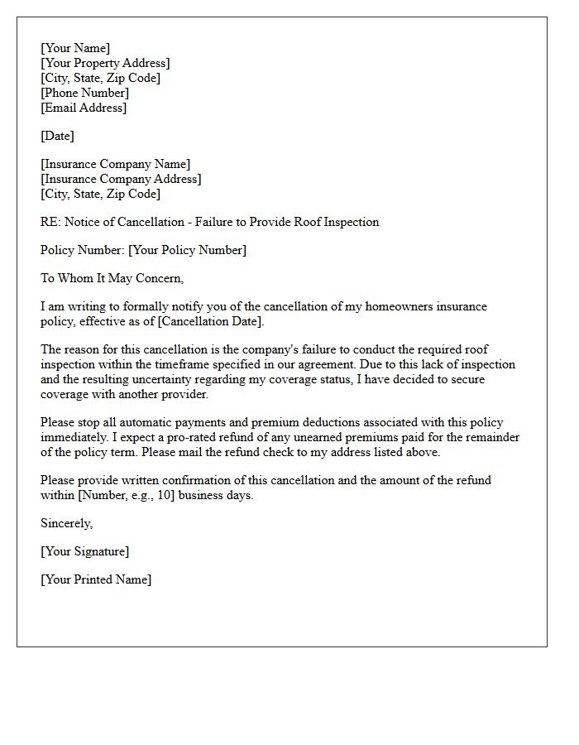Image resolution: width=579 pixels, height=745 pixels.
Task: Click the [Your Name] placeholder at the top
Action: [x=75, y=48]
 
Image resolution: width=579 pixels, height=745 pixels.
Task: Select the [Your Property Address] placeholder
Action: [x=105, y=63]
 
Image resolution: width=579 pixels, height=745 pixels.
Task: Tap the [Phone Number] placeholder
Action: [x=84, y=93]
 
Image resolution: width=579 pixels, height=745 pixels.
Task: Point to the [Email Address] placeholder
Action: [x=84, y=108]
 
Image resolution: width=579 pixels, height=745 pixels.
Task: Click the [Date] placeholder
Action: [x=57, y=136]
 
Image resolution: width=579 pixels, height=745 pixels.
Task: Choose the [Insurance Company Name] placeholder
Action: [x=115, y=164]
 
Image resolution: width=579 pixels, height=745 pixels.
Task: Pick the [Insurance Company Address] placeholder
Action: [x=121, y=179]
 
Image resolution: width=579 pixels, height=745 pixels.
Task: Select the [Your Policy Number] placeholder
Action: [x=187, y=250]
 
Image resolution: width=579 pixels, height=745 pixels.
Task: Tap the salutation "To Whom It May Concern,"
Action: [x=112, y=278]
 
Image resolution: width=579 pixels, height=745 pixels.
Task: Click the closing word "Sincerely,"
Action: [x=67, y=523]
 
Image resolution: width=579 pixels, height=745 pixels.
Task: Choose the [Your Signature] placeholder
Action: [x=85, y=551]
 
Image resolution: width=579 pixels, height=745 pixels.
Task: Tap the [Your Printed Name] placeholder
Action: [x=96, y=579]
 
